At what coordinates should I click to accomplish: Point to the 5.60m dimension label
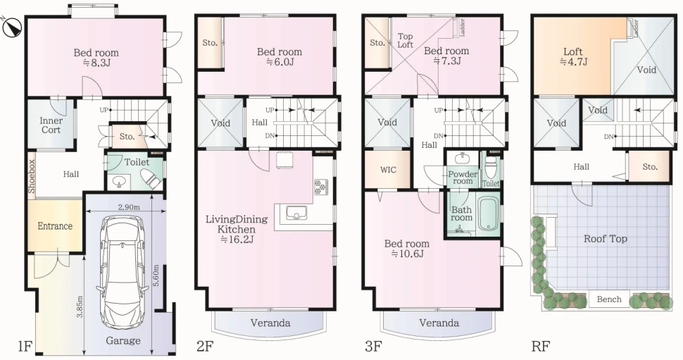click(x=156, y=275)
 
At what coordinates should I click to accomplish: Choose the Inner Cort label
click(x=51, y=125)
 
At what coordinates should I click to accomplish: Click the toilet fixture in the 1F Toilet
click(x=150, y=178)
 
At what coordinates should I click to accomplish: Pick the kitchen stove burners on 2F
click(x=322, y=186)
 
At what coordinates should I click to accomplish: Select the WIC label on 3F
click(x=388, y=170)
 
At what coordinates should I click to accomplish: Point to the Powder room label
click(x=462, y=178)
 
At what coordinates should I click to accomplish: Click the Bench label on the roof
click(x=609, y=299)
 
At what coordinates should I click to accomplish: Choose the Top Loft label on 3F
click(x=405, y=41)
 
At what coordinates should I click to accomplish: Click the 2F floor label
click(x=205, y=347)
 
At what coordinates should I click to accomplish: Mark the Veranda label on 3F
click(x=439, y=323)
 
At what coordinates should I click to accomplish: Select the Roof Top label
click(x=606, y=239)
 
